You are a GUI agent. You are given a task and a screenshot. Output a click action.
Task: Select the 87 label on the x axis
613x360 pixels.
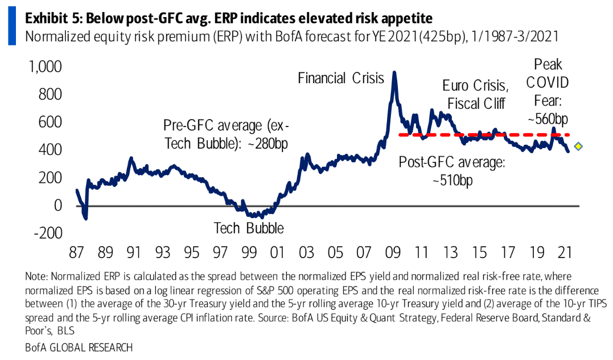coord(76,252)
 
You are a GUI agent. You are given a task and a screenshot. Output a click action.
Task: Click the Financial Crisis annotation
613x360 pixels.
coord(341,78)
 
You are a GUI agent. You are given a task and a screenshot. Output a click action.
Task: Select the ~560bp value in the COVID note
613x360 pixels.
coord(548,119)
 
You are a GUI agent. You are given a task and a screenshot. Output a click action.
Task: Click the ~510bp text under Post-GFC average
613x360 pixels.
coord(452,180)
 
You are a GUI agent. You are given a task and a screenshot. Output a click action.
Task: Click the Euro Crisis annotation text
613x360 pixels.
coord(475,86)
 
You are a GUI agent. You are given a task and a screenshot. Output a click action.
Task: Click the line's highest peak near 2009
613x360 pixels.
coord(394,73)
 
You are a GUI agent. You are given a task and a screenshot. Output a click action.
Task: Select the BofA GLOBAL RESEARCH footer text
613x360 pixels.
coord(79,347)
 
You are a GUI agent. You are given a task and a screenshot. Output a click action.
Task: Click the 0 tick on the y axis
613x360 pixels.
coord(58,205)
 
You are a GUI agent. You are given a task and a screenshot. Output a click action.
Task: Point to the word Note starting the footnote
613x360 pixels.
coord(36,276)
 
